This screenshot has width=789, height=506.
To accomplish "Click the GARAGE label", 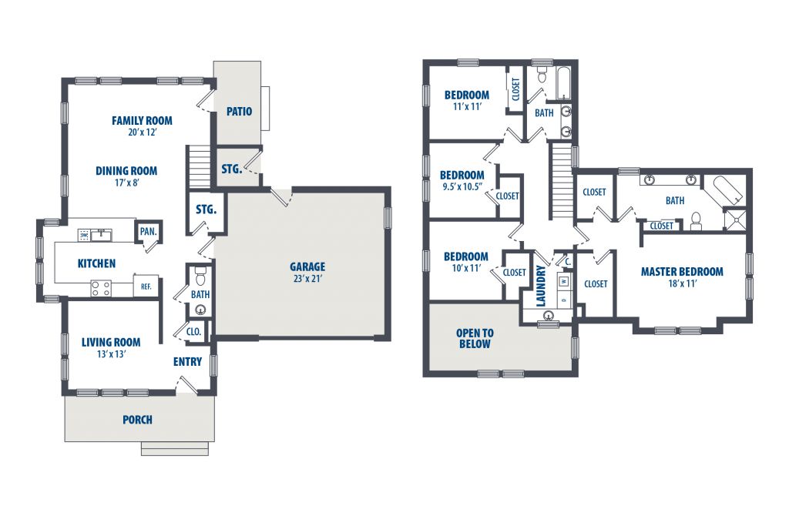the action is point(307,266).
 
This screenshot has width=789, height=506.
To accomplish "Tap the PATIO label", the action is point(239,111).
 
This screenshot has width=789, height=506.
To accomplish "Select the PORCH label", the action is point(137,420).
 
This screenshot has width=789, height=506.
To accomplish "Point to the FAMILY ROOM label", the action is point(142,121).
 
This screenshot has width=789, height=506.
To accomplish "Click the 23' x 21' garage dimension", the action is point(307,279).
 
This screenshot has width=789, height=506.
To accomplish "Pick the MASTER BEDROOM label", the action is point(682,272).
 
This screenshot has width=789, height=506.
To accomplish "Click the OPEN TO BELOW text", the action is point(475,339).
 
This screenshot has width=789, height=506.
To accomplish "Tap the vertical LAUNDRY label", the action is point(541,287).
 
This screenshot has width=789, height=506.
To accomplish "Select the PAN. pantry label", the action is point(148,231).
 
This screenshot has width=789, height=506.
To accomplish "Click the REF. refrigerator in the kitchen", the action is point(146,287).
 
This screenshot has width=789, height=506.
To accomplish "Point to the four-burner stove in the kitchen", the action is point(101,288).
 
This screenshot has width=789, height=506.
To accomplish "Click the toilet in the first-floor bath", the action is point(201,276).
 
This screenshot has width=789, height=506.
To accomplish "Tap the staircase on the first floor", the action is point(198,167).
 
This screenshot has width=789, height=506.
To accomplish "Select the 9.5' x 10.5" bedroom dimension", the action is point(462,187).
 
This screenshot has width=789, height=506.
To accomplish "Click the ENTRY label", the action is point(187,362).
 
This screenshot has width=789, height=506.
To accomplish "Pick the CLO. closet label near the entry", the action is point(193,332).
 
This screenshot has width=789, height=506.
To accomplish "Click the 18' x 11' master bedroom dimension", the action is point(683,283).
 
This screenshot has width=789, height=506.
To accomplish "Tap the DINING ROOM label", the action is point(126,171).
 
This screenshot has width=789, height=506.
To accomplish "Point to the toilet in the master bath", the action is point(697,221).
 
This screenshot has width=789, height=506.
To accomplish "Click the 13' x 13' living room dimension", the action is point(111,354).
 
